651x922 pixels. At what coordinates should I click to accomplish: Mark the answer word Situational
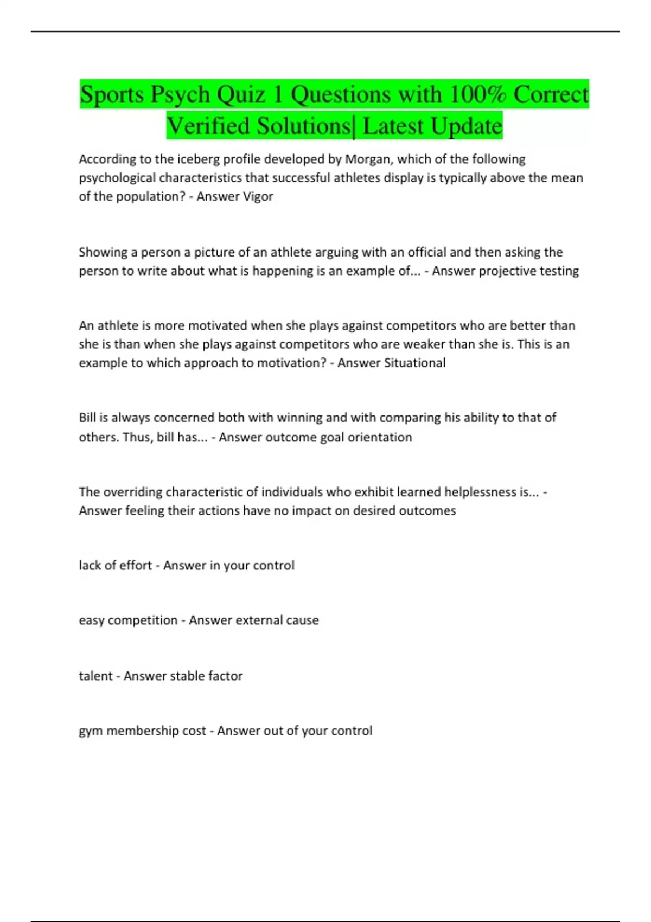414,363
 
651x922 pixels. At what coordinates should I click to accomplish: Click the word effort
136,565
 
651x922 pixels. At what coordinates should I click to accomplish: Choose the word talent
95,676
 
